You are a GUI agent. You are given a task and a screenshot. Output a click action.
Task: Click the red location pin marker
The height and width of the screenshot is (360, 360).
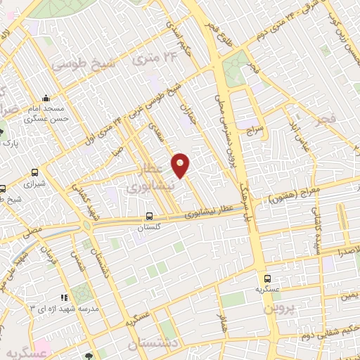click(x=181, y=165)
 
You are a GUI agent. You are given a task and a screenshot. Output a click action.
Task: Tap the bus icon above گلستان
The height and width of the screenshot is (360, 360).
click(x=148, y=217)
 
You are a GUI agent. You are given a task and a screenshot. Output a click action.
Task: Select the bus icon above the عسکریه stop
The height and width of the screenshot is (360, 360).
click(x=268, y=278)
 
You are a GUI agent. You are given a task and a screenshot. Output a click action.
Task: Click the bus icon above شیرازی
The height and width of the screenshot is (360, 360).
click(x=35, y=172)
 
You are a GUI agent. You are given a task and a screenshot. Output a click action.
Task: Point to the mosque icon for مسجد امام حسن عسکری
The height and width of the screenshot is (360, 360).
click(x=46, y=98)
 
